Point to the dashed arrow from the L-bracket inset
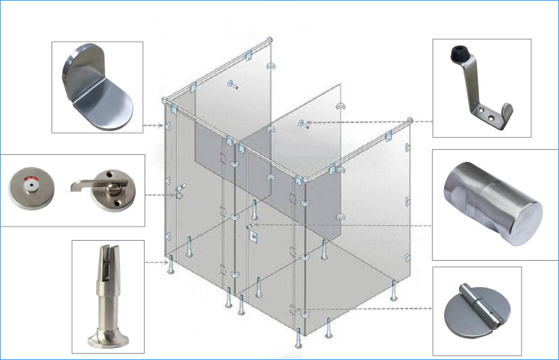155,124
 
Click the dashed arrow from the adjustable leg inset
157,262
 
